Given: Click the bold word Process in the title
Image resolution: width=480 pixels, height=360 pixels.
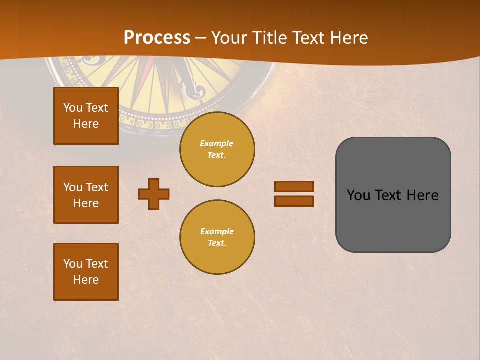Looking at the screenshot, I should point(157,38).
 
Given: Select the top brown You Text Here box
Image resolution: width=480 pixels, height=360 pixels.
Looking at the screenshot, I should point(86,116).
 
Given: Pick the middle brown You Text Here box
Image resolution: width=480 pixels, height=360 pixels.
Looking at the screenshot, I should point(86,195).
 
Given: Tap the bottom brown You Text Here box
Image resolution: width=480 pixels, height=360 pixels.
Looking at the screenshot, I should point(86,272).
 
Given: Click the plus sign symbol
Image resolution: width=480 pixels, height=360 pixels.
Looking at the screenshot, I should point(154,194).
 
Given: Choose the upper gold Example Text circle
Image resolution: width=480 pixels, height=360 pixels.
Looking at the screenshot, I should point(217,149).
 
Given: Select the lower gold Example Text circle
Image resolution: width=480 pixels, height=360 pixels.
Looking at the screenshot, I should point(217,237).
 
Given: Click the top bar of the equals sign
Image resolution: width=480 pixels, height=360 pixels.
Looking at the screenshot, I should point(294,187).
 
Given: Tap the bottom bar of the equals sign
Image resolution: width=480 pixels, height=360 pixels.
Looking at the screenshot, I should point(294,201).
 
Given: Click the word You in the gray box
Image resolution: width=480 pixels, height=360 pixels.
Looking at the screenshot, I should point(358,195).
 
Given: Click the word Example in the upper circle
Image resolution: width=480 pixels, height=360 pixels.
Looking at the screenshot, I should point(217,143).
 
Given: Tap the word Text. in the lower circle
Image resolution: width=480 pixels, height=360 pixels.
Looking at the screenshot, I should point(217,243).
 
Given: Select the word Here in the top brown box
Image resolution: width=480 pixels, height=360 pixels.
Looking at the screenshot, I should point(86,124).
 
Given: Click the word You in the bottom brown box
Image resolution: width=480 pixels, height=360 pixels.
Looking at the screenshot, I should point(73,264).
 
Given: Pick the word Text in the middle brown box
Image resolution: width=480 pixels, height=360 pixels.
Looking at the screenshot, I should point(96,187).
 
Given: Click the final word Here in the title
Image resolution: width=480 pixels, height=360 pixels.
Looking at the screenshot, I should point(348,38).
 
